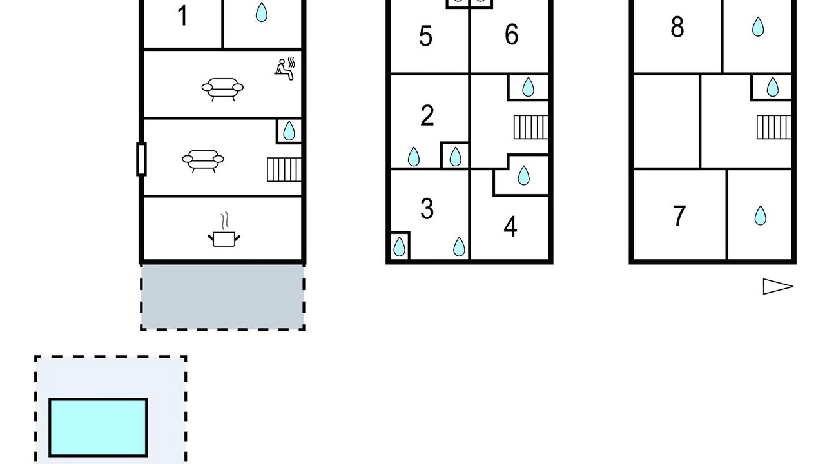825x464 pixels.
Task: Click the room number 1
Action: [x=182, y=16]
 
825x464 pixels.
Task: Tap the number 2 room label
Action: [x=427, y=115]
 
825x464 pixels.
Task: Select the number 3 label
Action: [x=427, y=209]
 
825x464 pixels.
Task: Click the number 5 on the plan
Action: [x=425, y=36]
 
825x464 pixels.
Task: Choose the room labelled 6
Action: [x=511, y=34]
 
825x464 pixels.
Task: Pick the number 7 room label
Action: [x=679, y=216]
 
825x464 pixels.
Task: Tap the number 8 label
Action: [x=677, y=27]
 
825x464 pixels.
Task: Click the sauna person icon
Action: [x=285, y=68]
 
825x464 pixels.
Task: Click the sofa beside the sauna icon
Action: [x=222, y=89]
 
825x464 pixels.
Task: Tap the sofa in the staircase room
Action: [x=203, y=161]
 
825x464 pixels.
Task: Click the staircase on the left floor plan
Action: [x=284, y=169]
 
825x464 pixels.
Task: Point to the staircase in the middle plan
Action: [x=530, y=127]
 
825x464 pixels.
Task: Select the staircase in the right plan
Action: [x=774, y=127]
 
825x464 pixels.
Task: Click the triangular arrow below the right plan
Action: [x=777, y=287]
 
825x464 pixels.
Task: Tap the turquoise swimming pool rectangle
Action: [x=98, y=427]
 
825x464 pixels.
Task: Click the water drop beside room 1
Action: [x=262, y=12]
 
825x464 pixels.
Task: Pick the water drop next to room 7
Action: [x=760, y=215]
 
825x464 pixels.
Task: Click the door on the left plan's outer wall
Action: [x=141, y=159]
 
